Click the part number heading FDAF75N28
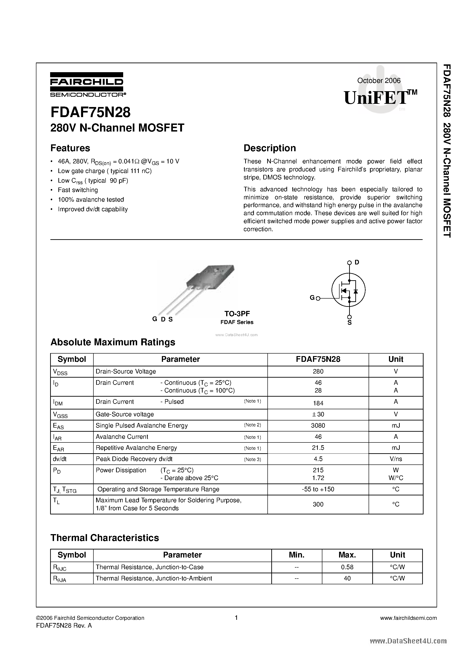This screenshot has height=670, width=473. (x=90, y=112)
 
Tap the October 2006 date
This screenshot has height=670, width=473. (x=378, y=80)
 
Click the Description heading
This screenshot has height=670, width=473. (x=269, y=148)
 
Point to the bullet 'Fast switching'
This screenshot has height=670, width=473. (x=78, y=190)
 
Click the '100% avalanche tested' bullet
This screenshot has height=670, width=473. (x=91, y=200)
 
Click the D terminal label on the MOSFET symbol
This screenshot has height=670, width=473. (x=357, y=262)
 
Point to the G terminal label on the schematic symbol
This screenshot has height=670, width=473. (x=312, y=298)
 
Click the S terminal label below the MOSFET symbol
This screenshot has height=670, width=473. (x=349, y=323)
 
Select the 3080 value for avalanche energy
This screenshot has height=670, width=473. (x=318, y=426)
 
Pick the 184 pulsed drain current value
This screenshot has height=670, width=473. (x=318, y=403)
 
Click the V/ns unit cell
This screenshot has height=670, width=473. (x=396, y=459)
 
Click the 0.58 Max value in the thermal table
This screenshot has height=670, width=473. (x=347, y=567)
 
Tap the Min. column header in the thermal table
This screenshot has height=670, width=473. (x=296, y=555)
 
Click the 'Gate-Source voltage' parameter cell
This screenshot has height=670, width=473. (x=125, y=414)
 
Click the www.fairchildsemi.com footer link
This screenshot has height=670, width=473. (x=408, y=618)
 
